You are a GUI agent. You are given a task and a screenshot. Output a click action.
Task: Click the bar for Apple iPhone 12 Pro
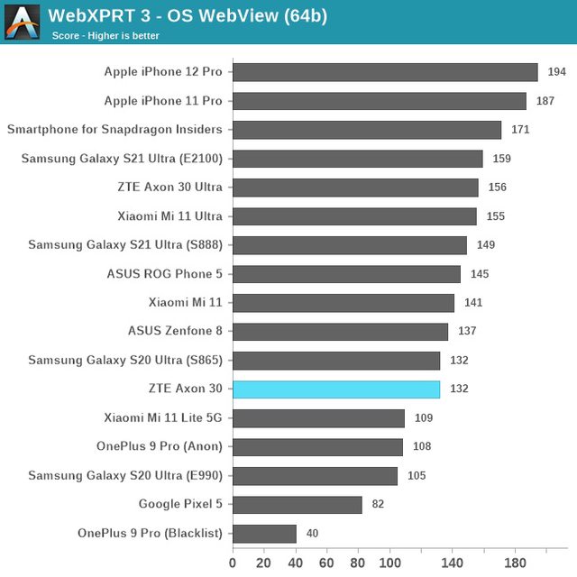(x=385, y=72)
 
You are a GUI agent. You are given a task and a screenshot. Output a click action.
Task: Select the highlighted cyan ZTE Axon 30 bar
(x=336, y=389)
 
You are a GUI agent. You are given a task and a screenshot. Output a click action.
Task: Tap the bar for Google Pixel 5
(x=298, y=505)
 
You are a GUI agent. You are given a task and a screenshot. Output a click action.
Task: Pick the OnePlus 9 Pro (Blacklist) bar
(x=264, y=534)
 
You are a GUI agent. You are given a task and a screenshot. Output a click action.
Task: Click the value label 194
(x=556, y=72)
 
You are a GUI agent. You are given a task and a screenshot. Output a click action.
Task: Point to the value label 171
(x=520, y=130)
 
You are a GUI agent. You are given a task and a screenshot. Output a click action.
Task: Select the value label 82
(x=378, y=505)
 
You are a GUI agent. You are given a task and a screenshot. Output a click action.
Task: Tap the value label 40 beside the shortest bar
(x=312, y=534)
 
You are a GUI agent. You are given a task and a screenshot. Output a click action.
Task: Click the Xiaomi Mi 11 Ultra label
(x=169, y=216)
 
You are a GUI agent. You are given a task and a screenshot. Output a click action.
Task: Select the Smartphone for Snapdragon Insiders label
(x=114, y=130)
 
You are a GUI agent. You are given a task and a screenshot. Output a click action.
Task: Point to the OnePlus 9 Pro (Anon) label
(x=160, y=447)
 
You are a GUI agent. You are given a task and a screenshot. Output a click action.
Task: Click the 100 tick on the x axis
(x=389, y=563)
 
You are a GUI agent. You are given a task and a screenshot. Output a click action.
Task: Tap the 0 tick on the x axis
(x=233, y=563)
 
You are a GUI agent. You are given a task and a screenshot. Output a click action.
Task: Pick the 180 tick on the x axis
(x=515, y=563)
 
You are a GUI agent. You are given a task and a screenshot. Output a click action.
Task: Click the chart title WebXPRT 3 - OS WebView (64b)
(x=188, y=15)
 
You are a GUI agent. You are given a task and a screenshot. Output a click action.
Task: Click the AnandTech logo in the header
(x=22, y=22)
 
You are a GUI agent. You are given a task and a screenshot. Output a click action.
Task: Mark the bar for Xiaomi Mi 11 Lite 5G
(x=318, y=418)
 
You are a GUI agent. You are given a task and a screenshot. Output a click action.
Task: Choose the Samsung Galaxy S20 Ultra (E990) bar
(x=315, y=476)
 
